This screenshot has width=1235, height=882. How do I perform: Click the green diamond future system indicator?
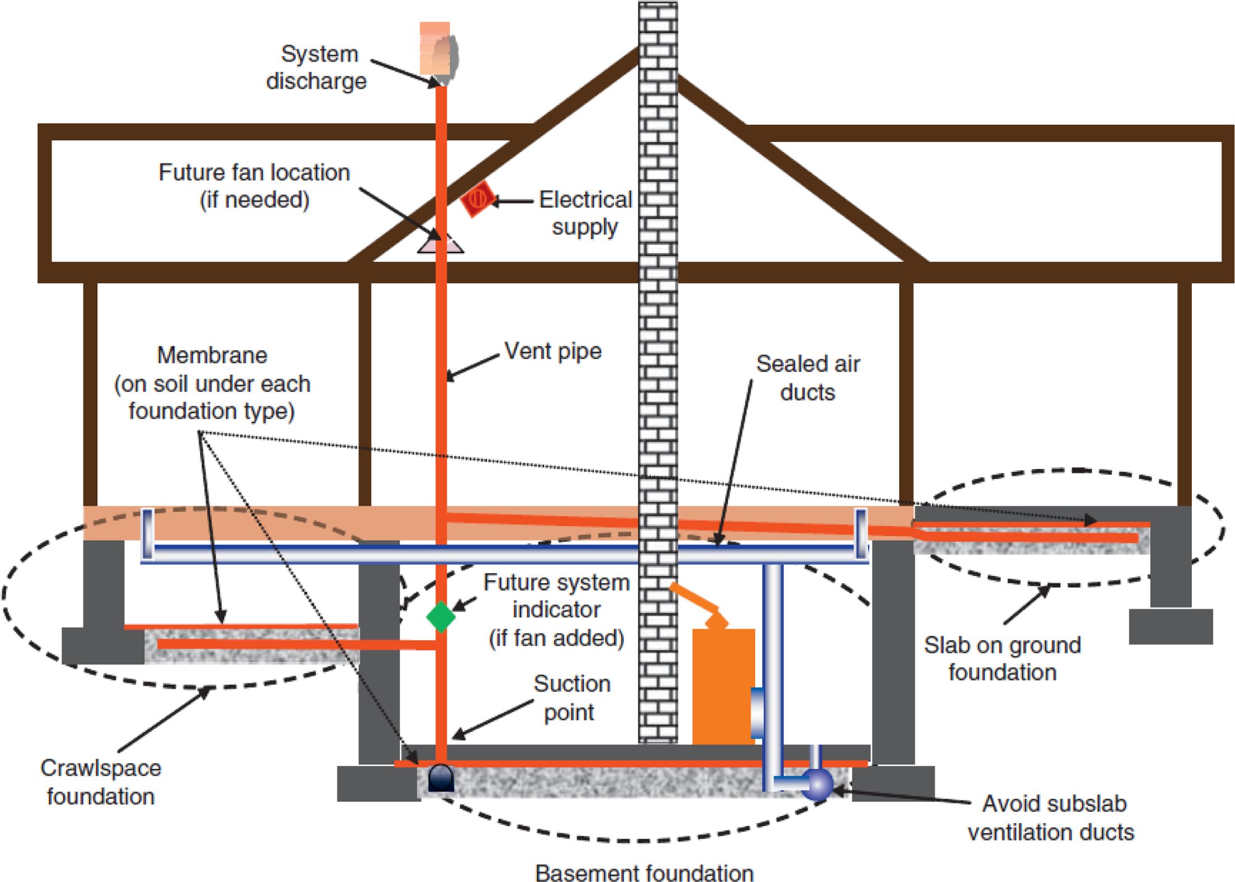(441, 616)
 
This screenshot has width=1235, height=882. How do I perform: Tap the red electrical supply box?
(477, 198)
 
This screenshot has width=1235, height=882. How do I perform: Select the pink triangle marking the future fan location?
(440, 243)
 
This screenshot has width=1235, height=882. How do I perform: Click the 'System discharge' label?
(317, 68)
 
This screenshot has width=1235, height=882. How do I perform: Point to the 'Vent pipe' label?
(553, 351)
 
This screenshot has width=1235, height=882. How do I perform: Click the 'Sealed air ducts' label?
(808, 378)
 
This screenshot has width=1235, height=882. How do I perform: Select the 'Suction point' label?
(571, 698)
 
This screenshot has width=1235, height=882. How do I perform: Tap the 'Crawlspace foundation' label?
(101, 782)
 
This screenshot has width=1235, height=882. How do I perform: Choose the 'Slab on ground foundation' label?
(1002, 658)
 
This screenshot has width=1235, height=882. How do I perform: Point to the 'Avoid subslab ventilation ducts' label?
(1051, 818)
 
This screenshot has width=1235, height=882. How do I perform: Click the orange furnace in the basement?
(723, 686)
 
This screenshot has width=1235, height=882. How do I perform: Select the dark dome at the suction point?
(441, 777)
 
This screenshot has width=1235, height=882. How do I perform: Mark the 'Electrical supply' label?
(585, 213)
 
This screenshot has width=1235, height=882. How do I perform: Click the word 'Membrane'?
(212, 355)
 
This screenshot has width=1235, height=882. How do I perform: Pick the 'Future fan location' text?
(254, 173)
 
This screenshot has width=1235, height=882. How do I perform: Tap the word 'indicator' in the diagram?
(557, 610)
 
